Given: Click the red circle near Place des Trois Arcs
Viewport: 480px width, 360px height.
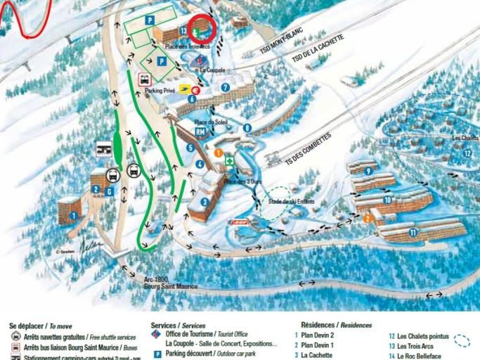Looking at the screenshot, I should tap(202, 29).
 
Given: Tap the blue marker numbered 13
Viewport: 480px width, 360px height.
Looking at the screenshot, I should tap(183, 31).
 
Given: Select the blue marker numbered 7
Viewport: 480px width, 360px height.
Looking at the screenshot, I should tap(225, 88).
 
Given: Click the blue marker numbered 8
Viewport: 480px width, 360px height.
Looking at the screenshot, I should tap(247, 128).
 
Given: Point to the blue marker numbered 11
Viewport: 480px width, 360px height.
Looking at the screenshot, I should tap(413, 232).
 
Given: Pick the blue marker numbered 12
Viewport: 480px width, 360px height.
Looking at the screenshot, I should tap(467, 153).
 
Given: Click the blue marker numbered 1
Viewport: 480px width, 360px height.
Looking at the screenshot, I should tap(72, 216).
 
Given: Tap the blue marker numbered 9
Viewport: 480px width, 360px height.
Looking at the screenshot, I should tap(368, 171).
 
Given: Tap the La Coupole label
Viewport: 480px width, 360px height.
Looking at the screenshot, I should tap(212, 70).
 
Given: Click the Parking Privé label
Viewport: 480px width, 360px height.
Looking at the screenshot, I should tap(160, 91).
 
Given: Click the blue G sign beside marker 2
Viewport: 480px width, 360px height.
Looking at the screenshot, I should tap(109, 191).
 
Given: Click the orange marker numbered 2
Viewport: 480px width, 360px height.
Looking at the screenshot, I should tap(366, 218).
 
